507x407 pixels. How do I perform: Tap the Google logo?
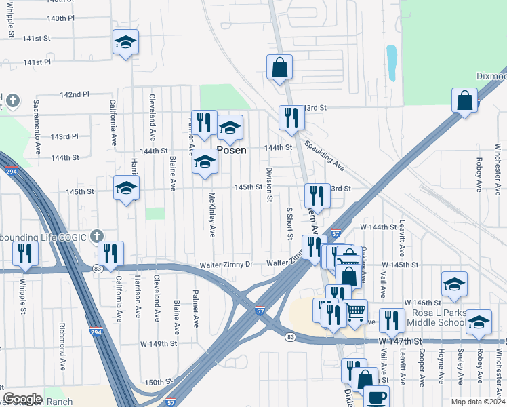pos(22,399)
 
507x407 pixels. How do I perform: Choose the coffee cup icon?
pos(376,397)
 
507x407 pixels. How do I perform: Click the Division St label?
pos(269,184)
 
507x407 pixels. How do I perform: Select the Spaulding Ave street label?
pos(324,155)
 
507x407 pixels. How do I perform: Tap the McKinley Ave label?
pos(212,214)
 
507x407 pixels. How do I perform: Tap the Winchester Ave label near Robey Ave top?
pos(498,167)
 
